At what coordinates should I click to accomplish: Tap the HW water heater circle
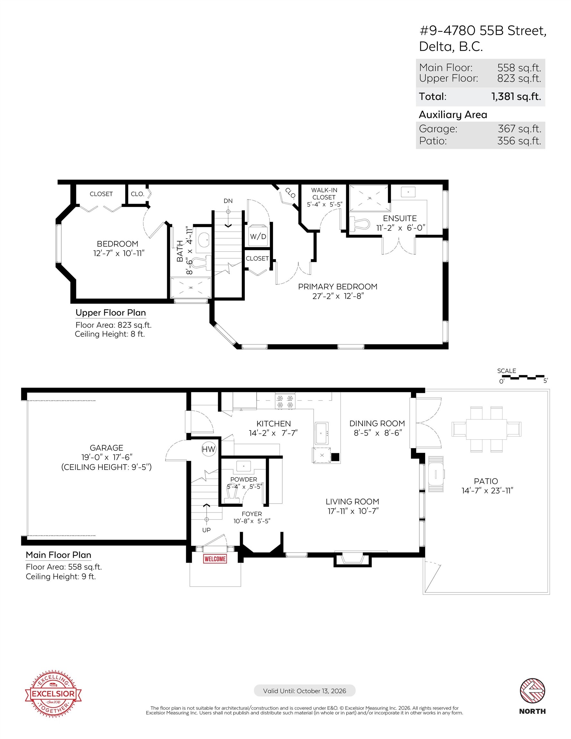point(209,449)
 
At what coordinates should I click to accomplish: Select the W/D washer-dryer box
point(258,236)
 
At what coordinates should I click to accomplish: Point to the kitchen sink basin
point(321,433)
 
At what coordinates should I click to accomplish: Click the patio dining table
point(486,429)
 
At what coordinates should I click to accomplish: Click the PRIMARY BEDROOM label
point(337,287)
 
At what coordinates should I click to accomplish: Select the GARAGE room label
point(106,448)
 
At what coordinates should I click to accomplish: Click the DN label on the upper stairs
point(228,201)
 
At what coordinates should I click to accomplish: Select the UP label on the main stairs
point(207,530)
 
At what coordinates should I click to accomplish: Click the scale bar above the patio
point(523,377)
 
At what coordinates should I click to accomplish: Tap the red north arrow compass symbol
point(532,691)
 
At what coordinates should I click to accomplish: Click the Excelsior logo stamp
point(53,693)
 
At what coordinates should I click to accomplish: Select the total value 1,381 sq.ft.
point(516,97)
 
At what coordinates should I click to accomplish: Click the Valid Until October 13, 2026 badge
point(305,691)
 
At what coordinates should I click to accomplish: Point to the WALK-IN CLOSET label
point(324,193)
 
